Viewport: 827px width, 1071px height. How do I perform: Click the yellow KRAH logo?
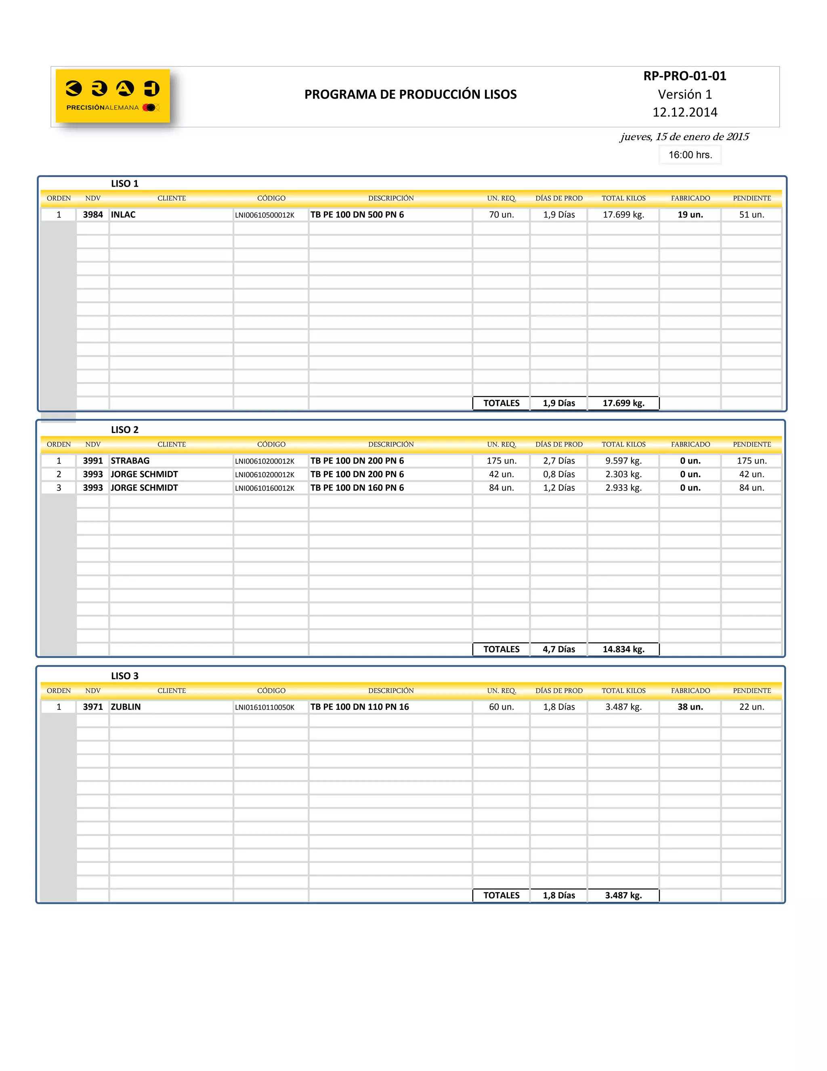click(x=113, y=96)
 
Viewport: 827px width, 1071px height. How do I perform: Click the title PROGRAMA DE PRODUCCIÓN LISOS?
click(x=410, y=94)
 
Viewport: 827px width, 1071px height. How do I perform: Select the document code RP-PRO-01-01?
click(x=684, y=76)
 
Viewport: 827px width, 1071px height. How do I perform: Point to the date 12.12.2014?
click(x=684, y=112)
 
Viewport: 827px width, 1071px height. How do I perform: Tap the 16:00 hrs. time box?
click(x=690, y=155)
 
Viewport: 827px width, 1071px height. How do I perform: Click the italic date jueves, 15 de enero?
click(x=684, y=137)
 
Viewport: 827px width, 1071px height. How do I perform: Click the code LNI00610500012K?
click(x=265, y=215)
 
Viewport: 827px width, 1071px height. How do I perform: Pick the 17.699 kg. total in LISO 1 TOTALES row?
click(x=623, y=403)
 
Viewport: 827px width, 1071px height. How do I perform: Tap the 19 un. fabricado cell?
click(x=690, y=215)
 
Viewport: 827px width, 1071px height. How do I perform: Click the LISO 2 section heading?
click(x=124, y=429)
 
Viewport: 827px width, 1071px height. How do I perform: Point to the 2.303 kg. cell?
click(x=623, y=474)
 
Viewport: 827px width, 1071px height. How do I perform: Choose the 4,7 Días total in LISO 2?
click(x=558, y=649)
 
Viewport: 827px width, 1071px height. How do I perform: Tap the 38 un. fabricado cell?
click(x=690, y=707)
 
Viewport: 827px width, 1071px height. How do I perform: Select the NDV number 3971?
click(x=92, y=707)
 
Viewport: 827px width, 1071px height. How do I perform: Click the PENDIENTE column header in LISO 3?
click(x=751, y=690)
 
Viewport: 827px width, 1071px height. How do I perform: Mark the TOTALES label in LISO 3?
click(x=501, y=895)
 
